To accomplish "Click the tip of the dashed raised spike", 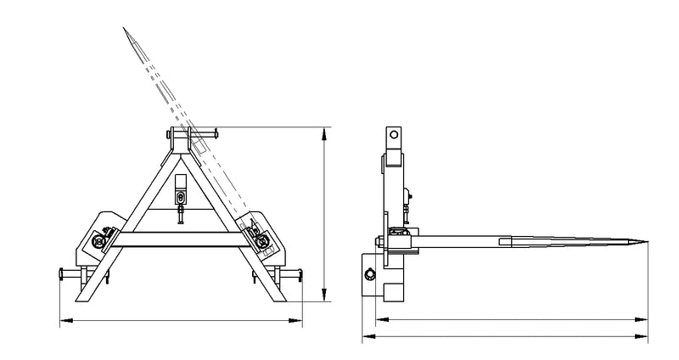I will click(x=124, y=29).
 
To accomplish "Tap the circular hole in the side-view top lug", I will click(x=393, y=134).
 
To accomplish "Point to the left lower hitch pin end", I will click(x=60, y=273).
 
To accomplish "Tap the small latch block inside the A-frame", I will click(x=182, y=197).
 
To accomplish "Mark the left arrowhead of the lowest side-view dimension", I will click(x=366, y=337).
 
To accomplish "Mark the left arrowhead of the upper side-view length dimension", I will click(x=379, y=319).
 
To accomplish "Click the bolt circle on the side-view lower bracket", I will click(x=370, y=273).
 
